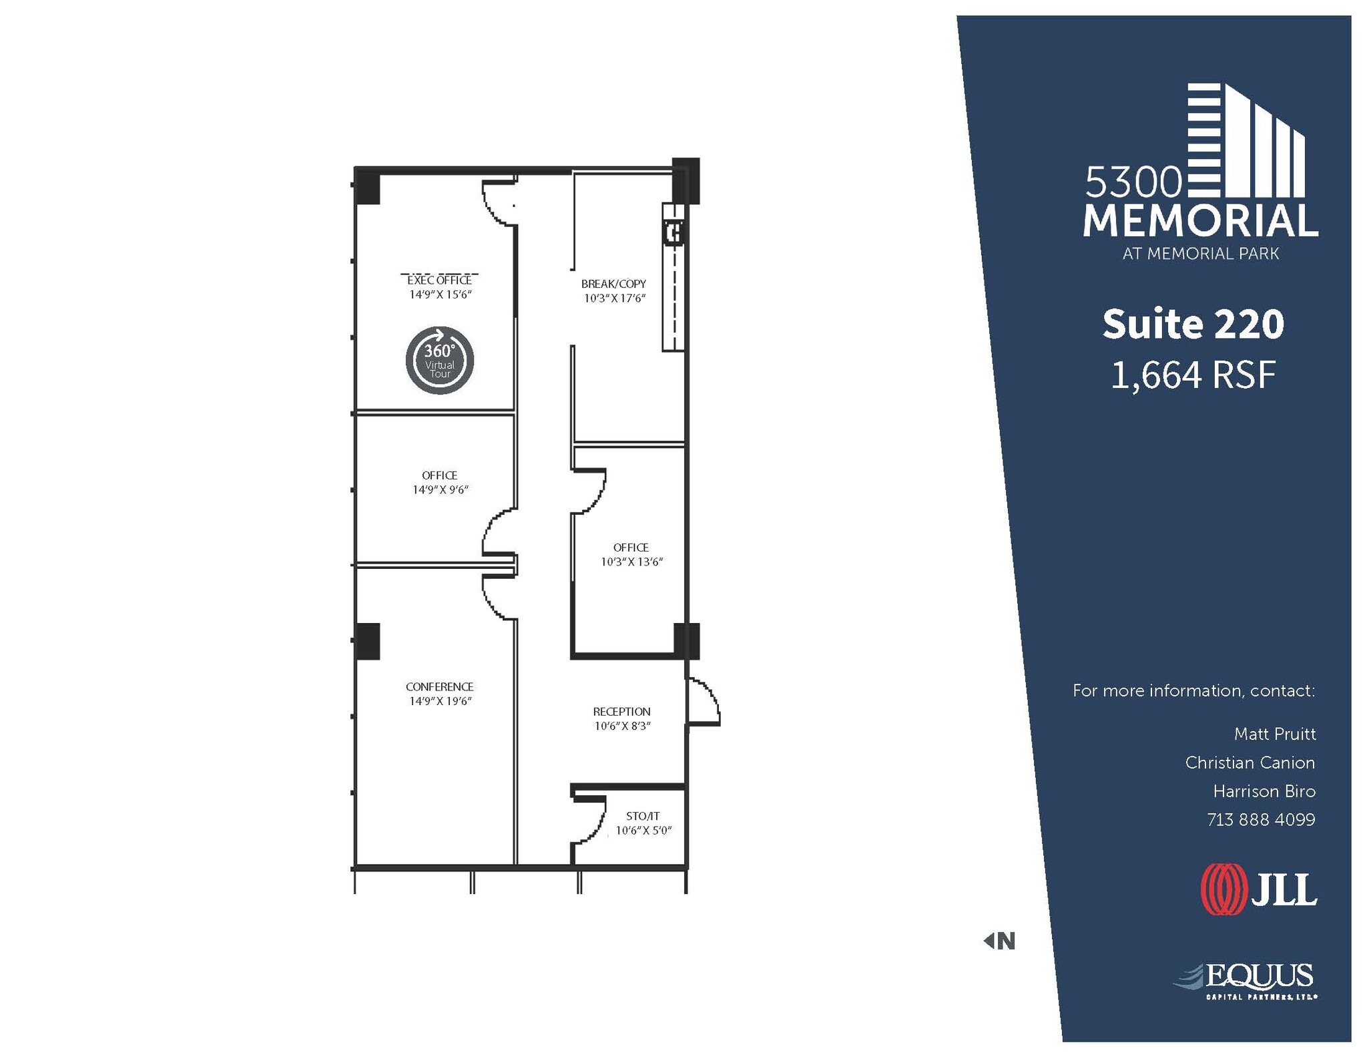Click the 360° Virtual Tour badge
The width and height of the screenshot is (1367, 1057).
(440, 361)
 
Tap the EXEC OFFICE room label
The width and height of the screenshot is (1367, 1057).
(439, 280)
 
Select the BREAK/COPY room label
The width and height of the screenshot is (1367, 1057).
(613, 284)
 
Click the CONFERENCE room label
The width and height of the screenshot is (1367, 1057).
(439, 686)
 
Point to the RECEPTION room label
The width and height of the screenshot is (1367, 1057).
(621, 712)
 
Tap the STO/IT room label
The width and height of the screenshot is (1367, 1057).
(643, 816)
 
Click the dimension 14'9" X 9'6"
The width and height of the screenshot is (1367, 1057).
(440, 490)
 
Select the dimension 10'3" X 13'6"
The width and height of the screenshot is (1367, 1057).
(631, 562)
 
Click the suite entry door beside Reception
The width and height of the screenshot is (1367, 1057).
(704, 702)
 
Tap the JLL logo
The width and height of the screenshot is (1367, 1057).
(1259, 889)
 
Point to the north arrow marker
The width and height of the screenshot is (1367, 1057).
(999, 941)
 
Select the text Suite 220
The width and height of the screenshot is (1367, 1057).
(1193, 325)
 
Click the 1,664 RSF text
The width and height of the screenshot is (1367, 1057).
(1193, 375)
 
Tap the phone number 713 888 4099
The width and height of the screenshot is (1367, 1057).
(1260, 819)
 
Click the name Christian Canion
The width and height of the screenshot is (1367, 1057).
(1250, 763)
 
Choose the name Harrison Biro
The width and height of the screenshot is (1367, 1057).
(1264, 791)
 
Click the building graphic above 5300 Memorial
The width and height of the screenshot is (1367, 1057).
(1246, 141)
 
